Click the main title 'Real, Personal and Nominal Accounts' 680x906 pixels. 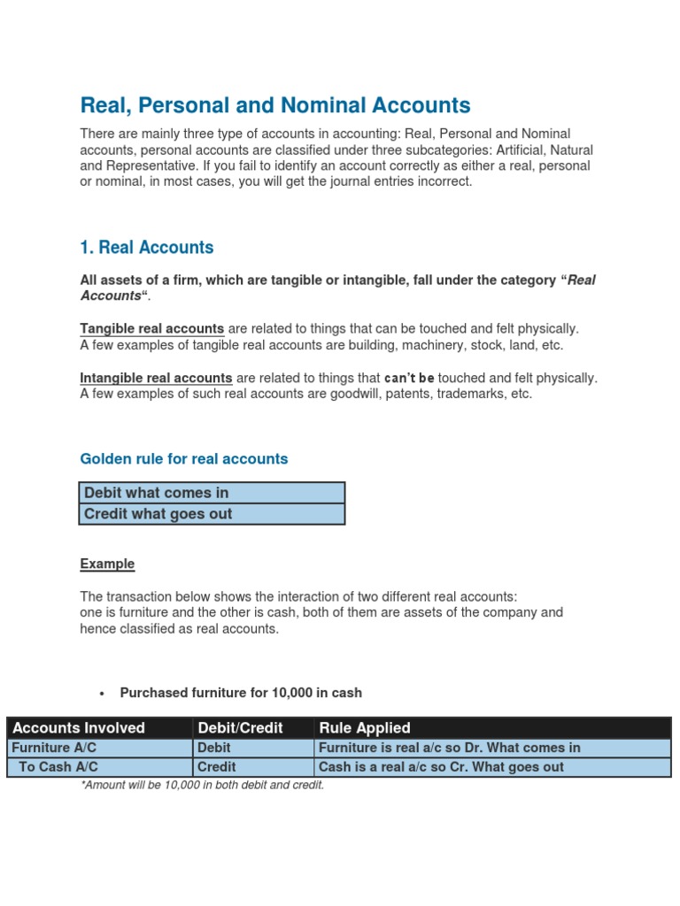click(275, 106)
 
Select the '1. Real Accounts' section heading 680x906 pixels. click(147, 248)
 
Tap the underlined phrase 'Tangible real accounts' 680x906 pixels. click(152, 329)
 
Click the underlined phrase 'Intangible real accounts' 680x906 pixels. click(157, 378)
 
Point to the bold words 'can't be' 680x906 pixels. click(410, 379)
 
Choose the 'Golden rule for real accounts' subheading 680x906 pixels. click(184, 459)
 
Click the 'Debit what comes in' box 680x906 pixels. click(212, 493)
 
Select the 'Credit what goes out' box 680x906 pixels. click(212, 514)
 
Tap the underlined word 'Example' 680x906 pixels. click(107, 564)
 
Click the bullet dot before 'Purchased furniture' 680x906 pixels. click(103, 693)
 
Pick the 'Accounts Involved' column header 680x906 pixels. click(80, 728)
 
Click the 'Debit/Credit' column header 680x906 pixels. click(240, 728)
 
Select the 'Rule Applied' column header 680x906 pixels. click(365, 728)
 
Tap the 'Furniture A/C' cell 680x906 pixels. click(53, 748)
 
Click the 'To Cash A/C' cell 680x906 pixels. click(58, 767)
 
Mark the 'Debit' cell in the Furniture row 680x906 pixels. click(214, 748)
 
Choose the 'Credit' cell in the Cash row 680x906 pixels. click(217, 767)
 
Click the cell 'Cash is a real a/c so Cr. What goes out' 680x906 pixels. click(441, 767)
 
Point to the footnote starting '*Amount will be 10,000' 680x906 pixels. click(202, 785)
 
